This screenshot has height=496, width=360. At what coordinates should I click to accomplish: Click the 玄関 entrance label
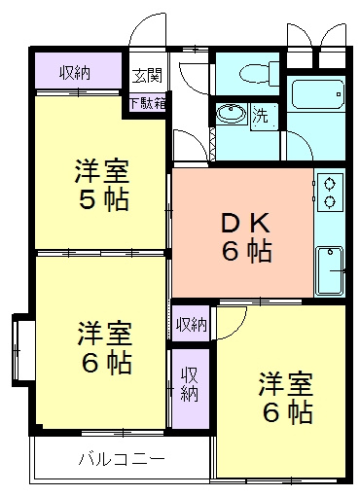pyautogui.click(x=147, y=76)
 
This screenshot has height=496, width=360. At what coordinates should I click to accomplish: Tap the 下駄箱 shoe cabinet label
pyautogui.click(x=148, y=103)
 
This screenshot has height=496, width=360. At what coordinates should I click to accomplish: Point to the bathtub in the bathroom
pyautogui.click(x=318, y=94)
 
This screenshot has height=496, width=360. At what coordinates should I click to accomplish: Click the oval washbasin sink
pyautogui.click(x=231, y=114)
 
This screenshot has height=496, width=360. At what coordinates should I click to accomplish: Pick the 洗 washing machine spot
pyautogui.click(x=261, y=115)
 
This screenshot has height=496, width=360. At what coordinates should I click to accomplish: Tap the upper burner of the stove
pyautogui.click(x=330, y=184)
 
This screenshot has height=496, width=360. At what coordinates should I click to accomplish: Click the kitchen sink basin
pyautogui.click(x=330, y=271)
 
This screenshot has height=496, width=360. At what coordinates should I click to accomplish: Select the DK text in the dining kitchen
pyautogui.click(x=245, y=223)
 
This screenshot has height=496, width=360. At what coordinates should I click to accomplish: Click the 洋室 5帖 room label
pyautogui.click(x=102, y=185)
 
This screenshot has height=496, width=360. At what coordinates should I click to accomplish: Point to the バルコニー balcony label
pyautogui.click(x=122, y=459)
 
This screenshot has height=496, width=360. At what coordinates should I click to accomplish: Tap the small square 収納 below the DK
pyautogui.click(x=191, y=324)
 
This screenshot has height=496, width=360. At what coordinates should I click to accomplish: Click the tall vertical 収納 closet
pyautogui.click(x=191, y=388)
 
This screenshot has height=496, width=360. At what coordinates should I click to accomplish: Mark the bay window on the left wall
pyautogui.click(x=22, y=350)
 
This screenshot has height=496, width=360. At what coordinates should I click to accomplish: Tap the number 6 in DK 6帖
pyautogui.click(x=231, y=250)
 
